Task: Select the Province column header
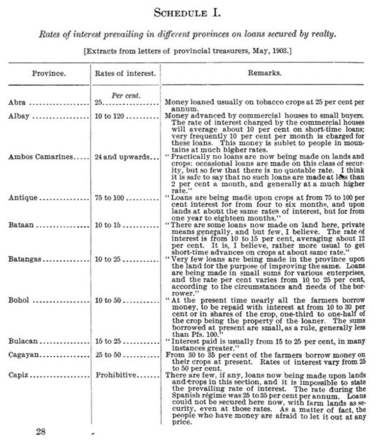49,73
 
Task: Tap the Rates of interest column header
125,73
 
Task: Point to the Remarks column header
264,73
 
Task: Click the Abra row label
17,102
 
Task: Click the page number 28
41,431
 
